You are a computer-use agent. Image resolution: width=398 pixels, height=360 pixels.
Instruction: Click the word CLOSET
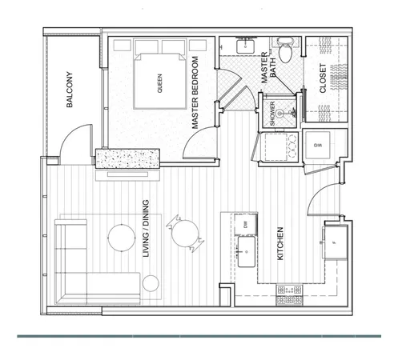(x=323, y=78)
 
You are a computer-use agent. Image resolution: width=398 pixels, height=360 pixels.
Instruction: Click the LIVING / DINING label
(x=147, y=240)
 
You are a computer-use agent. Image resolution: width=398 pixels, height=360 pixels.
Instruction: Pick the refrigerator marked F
(x=331, y=242)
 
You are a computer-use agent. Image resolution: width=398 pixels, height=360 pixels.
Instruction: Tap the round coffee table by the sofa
(x=122, y=236)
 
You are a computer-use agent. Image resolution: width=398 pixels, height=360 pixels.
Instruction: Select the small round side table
(x=150, y=281)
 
